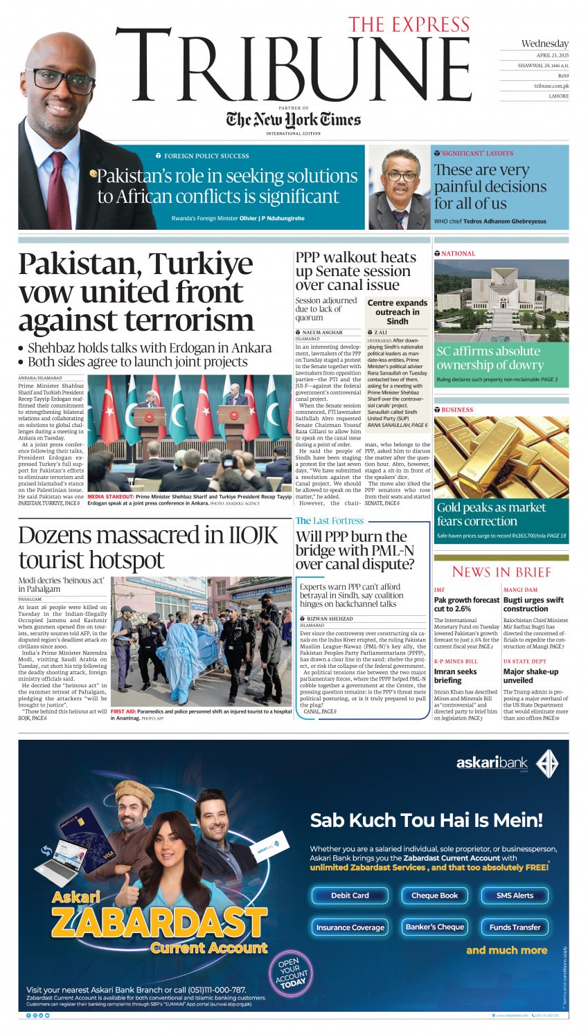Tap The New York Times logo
pyautogui.click(x=294, y=120)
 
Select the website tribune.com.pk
pyautogui.click(x=551, y=86)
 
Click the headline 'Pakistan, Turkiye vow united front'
pyautogui.click(x=136, y=291)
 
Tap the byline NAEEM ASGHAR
pyautogui.click(x=322, y=333)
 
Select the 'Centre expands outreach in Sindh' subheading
pyautogui.click(x=397, y=312)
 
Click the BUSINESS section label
pyautogui.click(x=457, y=410)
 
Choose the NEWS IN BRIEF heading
pyautogui.click(x=501, y=572)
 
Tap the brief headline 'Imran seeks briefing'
pyautogui.click(x=455, y=676)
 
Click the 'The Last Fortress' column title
pyautogui.click(x=330, y=520)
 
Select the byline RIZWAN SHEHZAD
pyautogui.click(x=330, y=619)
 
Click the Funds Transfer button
pyautogui.click(x=515, y=927)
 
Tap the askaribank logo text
pyautogui.click(x=492, y=763)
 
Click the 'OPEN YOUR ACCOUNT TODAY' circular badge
pyautogui.click(x=292, y=972)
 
